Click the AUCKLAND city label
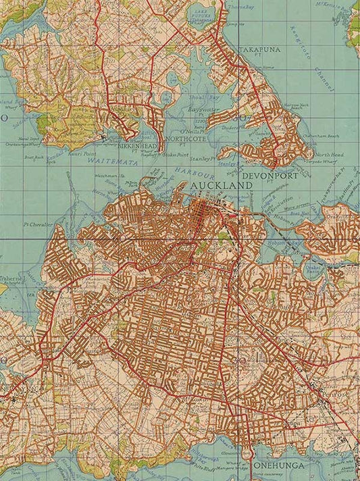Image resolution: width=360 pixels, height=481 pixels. (221, 184)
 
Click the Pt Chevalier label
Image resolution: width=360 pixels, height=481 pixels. (39, 224)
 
